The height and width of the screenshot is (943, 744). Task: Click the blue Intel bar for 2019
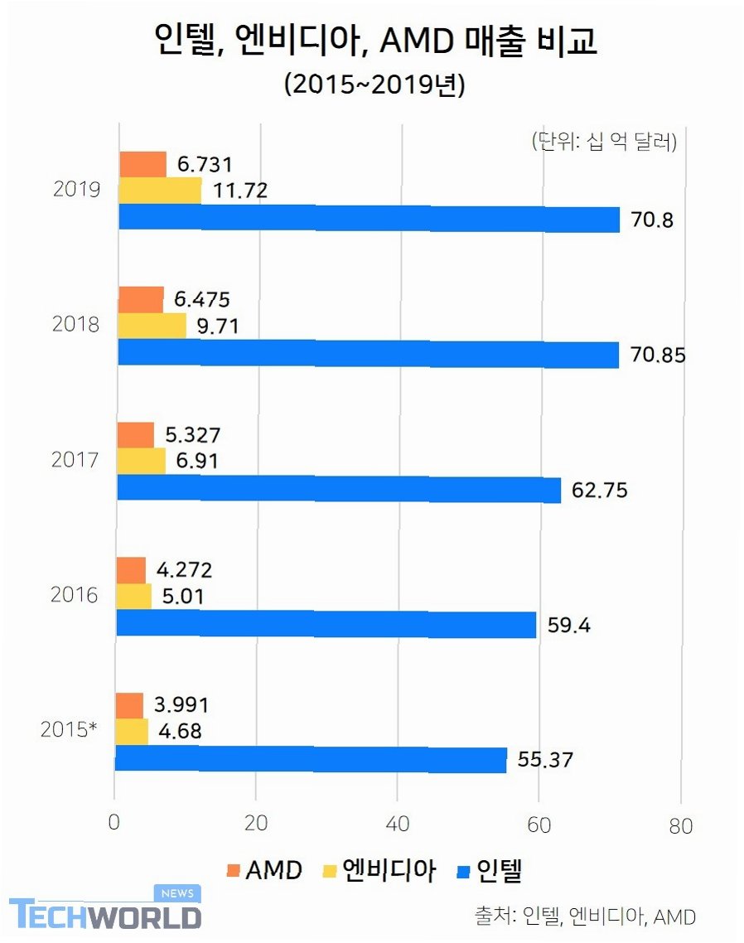coord(369,219)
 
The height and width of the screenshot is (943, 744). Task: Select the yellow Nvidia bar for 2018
coord(152,326)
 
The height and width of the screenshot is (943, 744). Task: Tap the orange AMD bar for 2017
coord(135,434)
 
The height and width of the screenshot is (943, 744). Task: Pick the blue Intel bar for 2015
coord(311,759)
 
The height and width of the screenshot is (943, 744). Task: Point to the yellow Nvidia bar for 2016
coord(133,596)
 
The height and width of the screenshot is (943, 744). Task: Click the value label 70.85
coord(658,355)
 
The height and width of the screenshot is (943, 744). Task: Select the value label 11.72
coord(240,191)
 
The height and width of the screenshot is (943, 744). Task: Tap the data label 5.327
coord(196,434)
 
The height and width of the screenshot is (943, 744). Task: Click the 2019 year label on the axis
coord(76,189)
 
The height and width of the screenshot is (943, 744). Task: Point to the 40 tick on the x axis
coord(398,825)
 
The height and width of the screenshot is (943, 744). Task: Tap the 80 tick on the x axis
coord(680,825)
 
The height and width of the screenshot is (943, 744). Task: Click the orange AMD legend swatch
coord(233,871)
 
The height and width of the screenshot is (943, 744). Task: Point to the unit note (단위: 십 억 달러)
coord(604,142)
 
